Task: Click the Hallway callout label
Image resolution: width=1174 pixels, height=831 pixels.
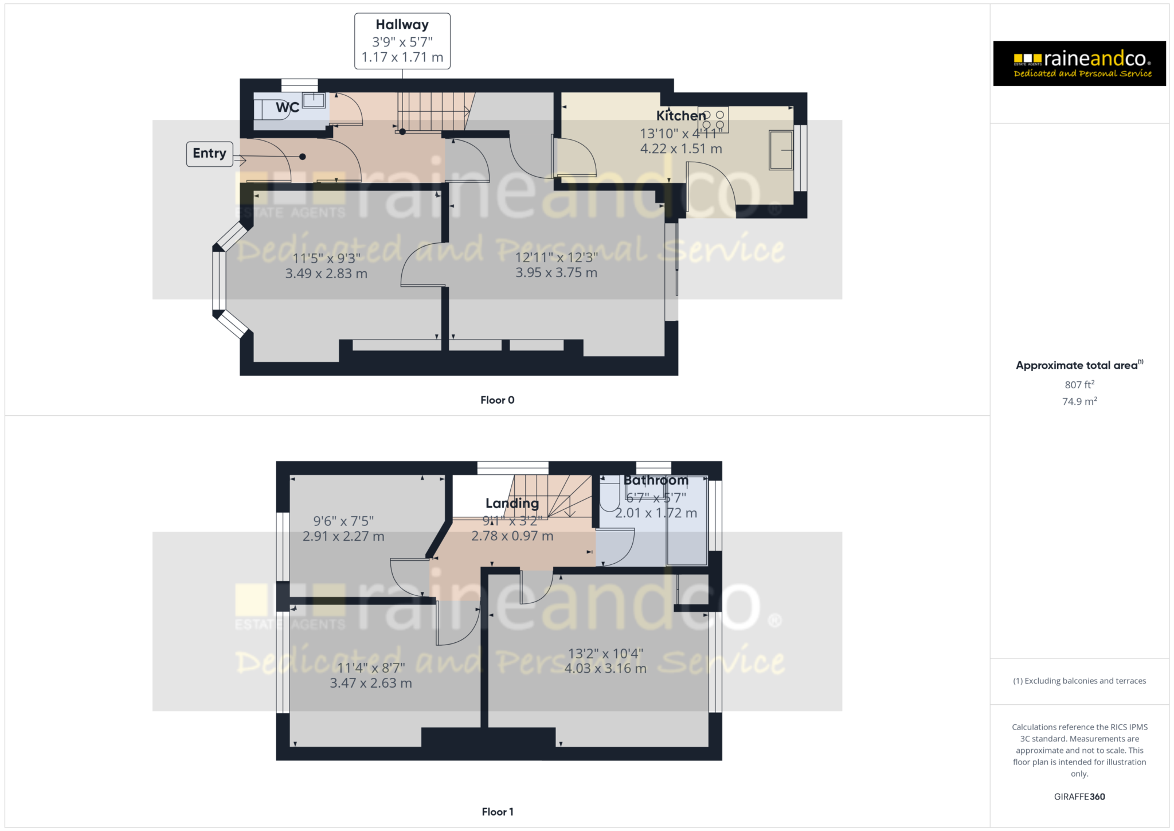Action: point(402,41)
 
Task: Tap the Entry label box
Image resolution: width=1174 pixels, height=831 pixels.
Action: point(209,154)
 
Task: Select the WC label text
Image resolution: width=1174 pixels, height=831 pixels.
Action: point(287,107)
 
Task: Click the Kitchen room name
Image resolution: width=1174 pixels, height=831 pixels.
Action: point(680,116)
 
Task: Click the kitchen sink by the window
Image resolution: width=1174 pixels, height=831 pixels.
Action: point(781,150)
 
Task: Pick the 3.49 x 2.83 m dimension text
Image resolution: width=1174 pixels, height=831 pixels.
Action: point(326,274)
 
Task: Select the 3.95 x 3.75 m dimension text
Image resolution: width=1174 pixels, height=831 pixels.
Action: point(556,272)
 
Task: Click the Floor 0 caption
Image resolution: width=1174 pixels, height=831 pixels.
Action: point(497,400)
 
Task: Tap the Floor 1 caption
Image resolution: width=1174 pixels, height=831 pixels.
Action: point(497,812)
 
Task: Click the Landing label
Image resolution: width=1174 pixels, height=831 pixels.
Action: point(512,504)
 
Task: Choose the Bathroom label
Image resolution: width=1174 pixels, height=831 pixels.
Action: point(656,481)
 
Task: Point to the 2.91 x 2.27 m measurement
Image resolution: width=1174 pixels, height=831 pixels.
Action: point(343,536)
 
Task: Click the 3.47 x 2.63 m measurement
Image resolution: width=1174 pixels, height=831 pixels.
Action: point(371,683)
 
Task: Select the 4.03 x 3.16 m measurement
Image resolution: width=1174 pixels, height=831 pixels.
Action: point(605,668)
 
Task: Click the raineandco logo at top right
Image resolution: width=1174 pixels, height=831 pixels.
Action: point(1079,64)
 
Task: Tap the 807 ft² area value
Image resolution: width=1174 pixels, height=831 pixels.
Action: point(1079,385)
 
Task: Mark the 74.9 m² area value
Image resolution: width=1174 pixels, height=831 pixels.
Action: point(1079,401)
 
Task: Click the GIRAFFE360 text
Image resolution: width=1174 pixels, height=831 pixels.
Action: point(1079,797)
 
